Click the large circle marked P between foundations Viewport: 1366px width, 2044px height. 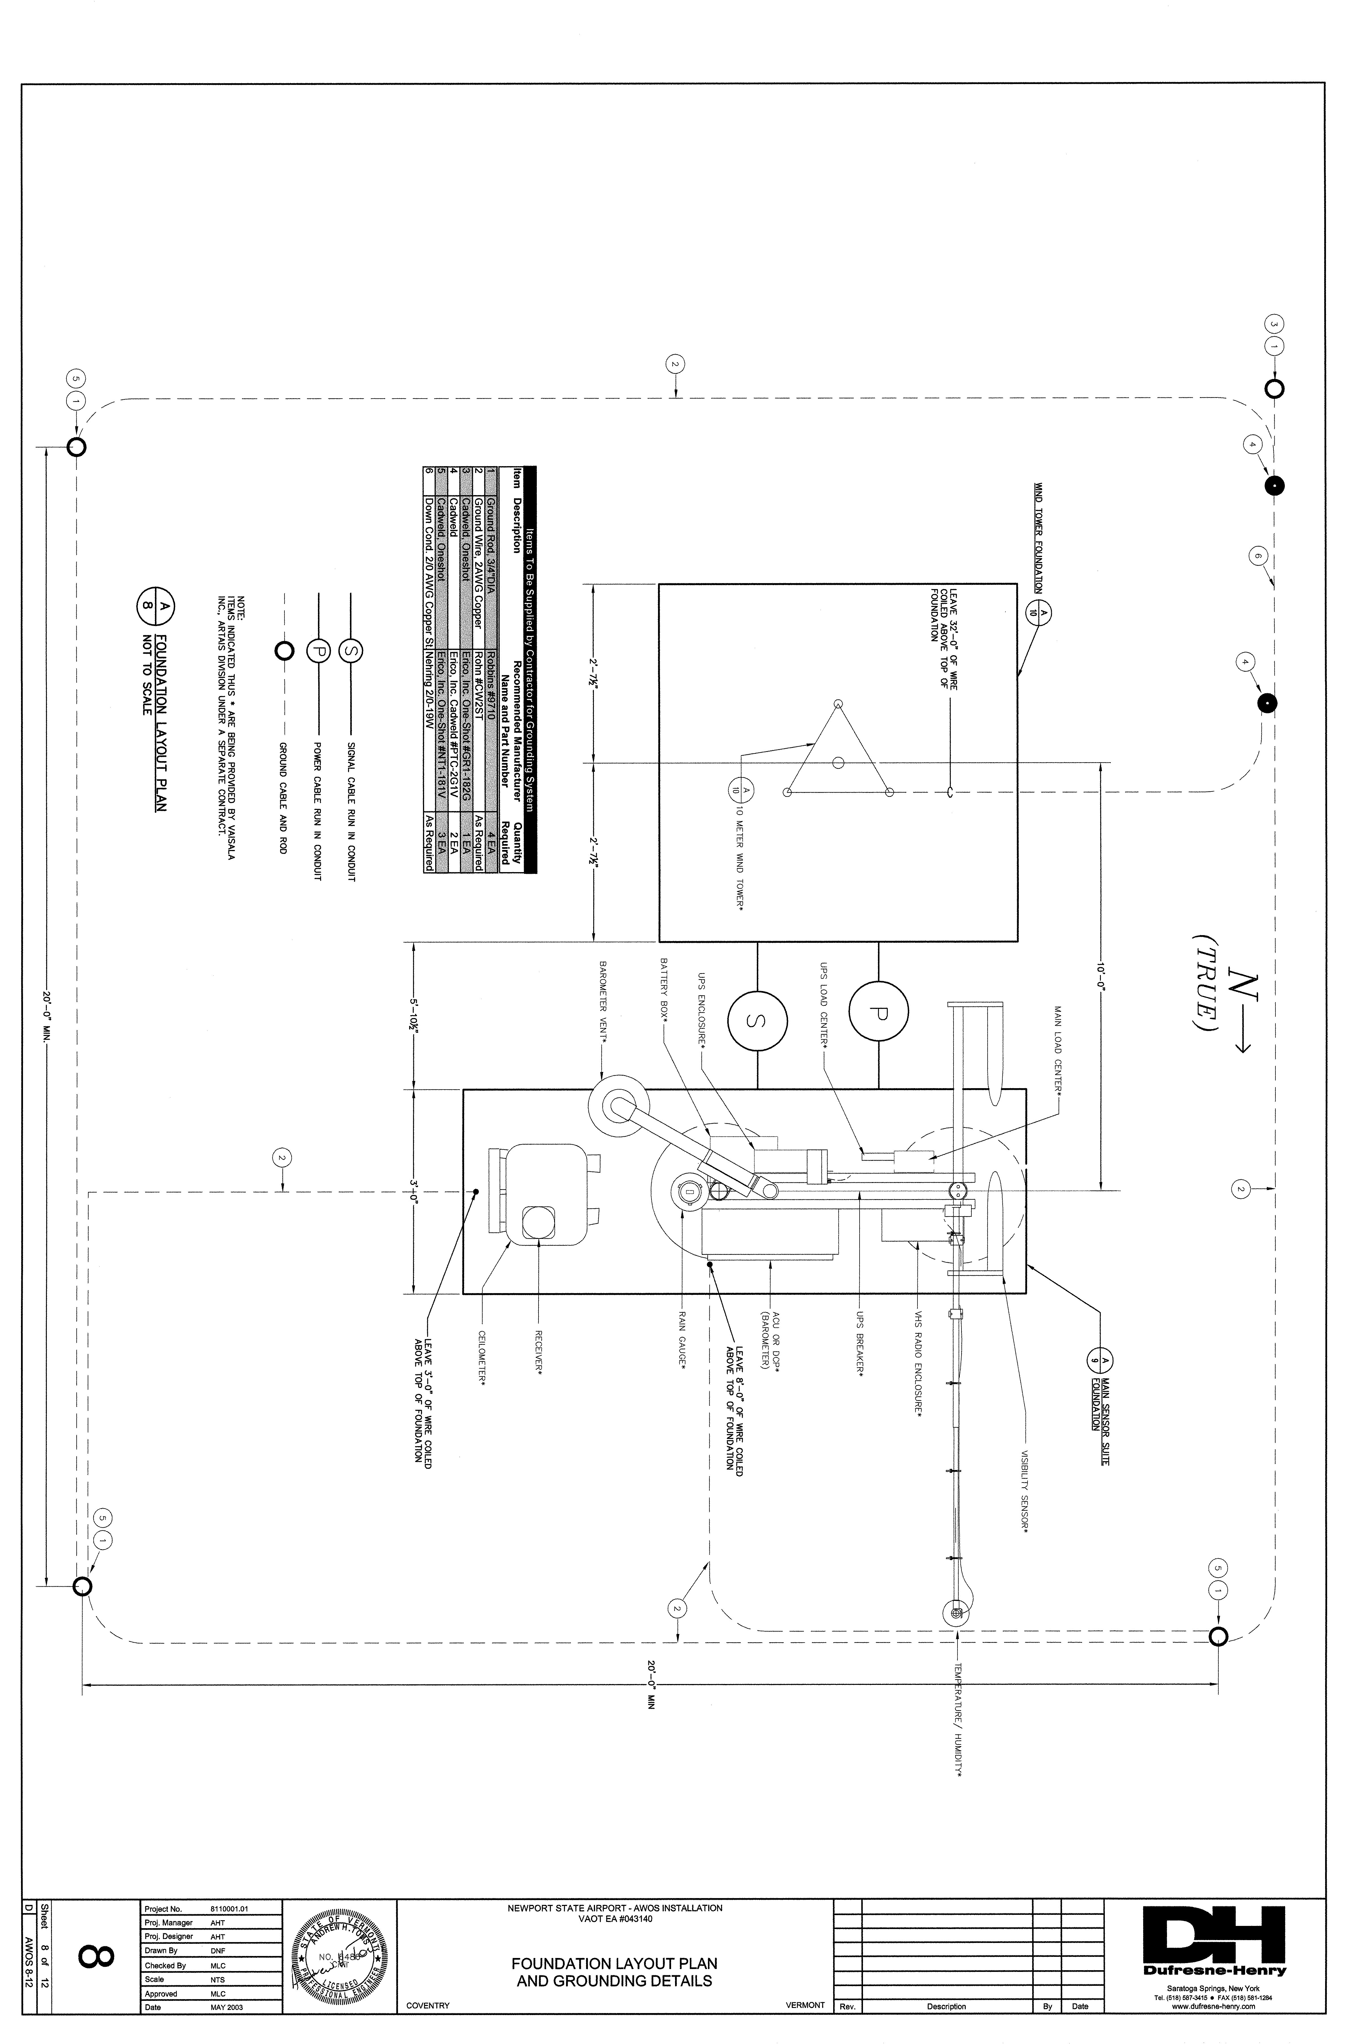tap(878, 1011)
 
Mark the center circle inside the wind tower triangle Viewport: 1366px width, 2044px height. tap(838, 762)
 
